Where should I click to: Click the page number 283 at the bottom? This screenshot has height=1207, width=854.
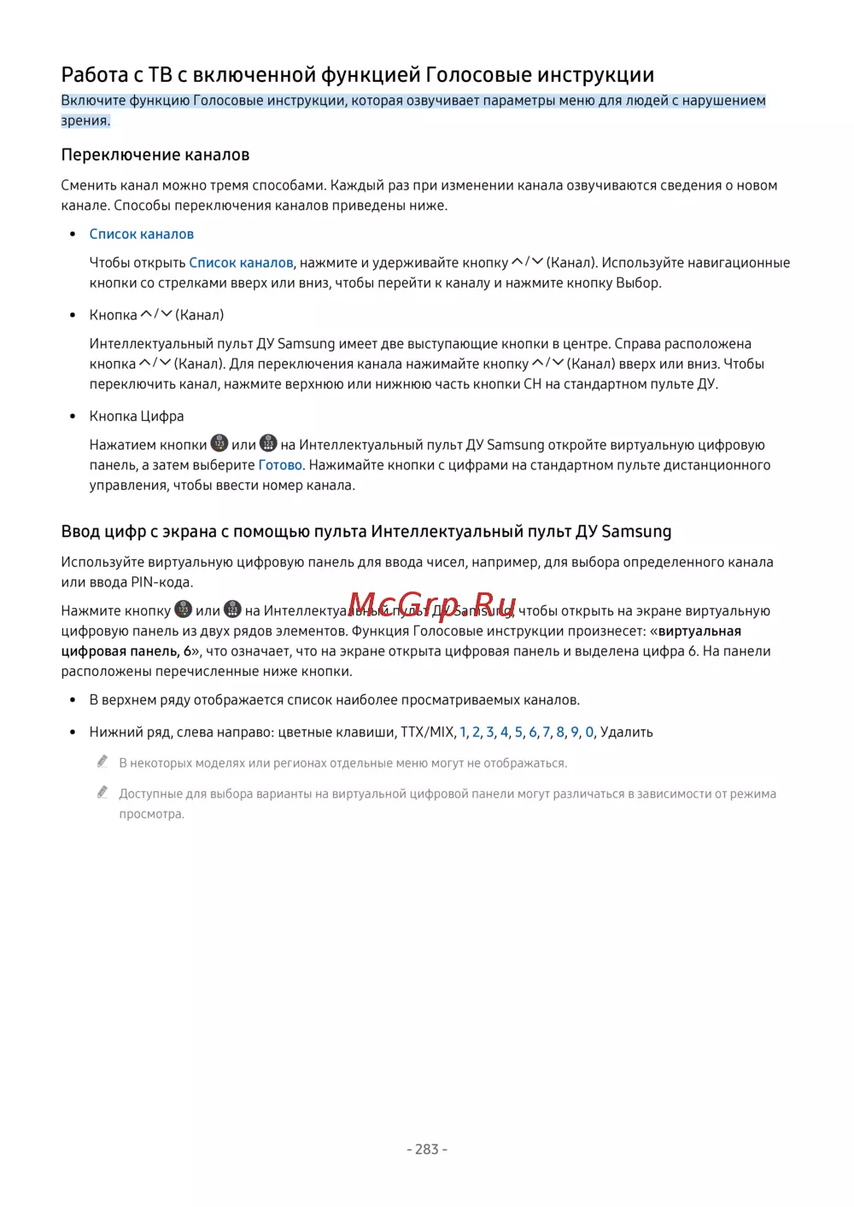[x=426, y=1149]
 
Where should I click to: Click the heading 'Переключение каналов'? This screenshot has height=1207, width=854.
[x=155, y=155]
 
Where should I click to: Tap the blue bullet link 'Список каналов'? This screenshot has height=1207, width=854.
[x=142, y=234]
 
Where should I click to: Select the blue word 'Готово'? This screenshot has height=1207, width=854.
[x=280, y=465]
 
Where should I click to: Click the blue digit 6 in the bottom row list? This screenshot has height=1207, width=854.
[x=533, y=732]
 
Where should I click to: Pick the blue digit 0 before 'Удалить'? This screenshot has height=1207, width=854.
[x=589, y=732]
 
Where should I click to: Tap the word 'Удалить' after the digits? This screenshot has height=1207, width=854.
[x=627, y=732]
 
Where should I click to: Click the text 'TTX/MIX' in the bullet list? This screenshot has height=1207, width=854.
[x=428, y=732]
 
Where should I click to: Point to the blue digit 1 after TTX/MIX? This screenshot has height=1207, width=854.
[x=463, y=732]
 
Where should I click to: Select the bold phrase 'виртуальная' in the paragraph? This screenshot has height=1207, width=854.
[x=699, y=631]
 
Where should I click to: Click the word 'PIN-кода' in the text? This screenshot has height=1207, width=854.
[x=161, y=582]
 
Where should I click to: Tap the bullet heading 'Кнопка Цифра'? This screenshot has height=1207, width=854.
[x=137, y=417]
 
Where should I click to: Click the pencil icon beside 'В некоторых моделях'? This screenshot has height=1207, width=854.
[x=102, y=761]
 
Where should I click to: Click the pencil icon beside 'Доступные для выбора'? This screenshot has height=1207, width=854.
[x=102, y=792]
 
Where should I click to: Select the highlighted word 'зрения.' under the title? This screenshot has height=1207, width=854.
[x=85, y=120]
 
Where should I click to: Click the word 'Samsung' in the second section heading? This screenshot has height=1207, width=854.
[x=636, y=532]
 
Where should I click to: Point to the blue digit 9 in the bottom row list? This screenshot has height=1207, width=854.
[x=575, y=732]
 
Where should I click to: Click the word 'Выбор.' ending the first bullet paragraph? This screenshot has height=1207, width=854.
[x=639, y=283]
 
